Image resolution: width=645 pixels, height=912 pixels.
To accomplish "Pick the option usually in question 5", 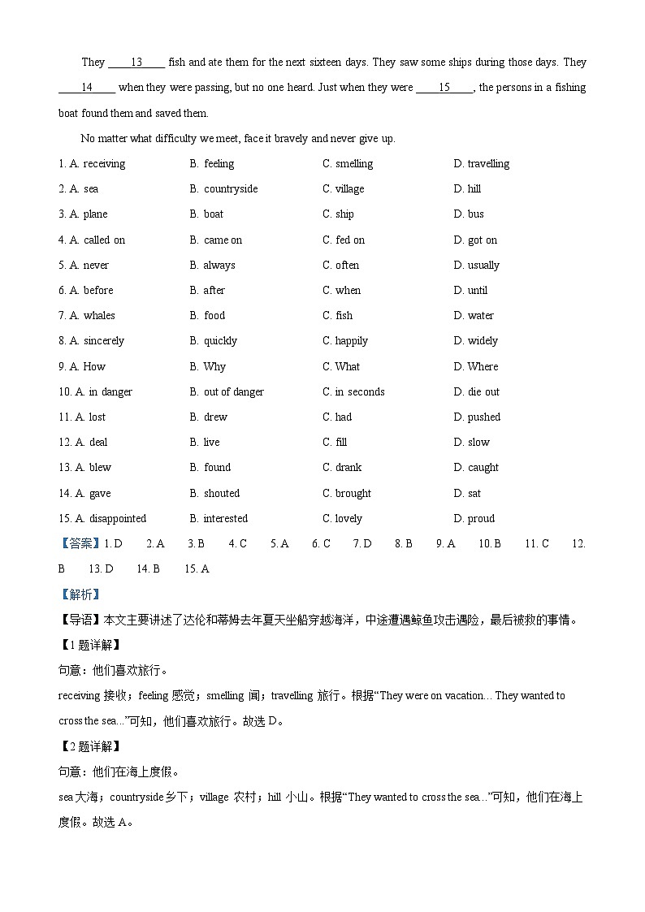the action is [483, 266].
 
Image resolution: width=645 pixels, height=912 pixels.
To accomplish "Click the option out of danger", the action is [233, 392].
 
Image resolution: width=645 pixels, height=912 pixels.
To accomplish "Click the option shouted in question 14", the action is [221, 494].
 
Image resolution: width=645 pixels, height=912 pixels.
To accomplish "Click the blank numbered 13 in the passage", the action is [136, 63].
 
